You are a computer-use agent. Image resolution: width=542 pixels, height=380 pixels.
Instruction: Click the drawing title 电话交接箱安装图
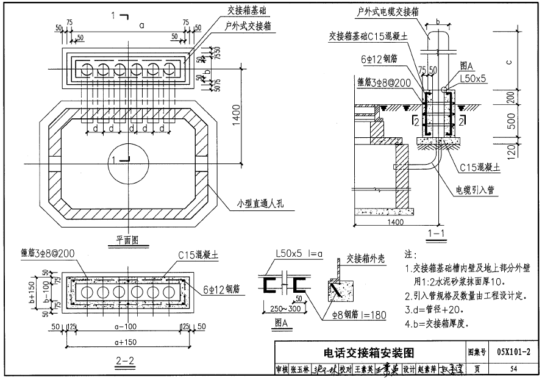[x=369, y=353]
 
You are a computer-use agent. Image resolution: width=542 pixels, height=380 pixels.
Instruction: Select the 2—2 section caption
[x=124, y=360]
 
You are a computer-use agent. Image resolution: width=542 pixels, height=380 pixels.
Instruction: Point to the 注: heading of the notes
[x=410, y=254]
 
